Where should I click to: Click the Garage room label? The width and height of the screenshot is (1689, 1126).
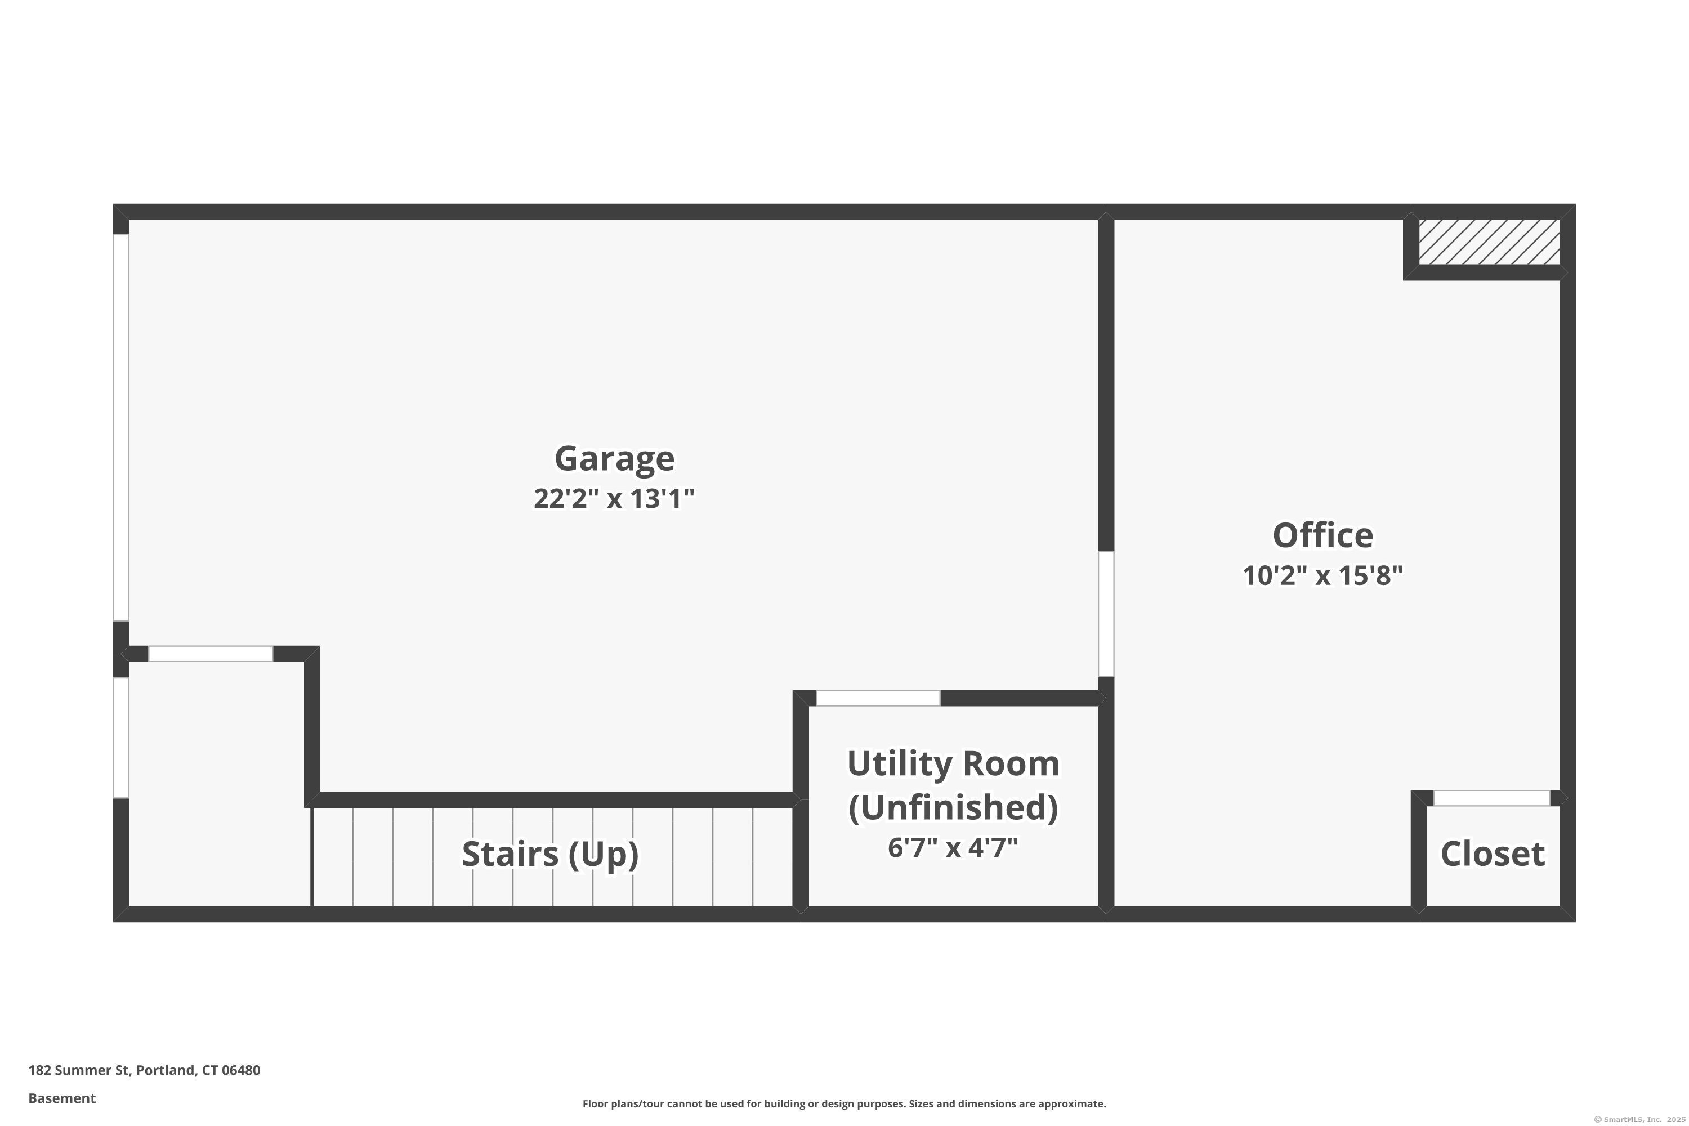[614, 458]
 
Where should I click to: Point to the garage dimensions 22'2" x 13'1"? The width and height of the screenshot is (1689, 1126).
[614, 498]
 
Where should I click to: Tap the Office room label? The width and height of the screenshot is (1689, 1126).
[1322, 535]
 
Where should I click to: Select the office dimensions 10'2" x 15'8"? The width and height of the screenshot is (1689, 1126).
[1322, 575]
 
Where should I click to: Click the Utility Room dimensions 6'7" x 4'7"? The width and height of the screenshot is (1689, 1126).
[953, 847]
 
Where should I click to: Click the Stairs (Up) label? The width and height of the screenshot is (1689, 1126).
[550, 854]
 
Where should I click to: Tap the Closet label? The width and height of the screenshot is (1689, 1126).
[1493, 854]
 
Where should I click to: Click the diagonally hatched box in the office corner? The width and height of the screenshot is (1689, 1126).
[1489, 242]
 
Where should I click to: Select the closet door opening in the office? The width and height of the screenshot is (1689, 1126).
[1491, 798]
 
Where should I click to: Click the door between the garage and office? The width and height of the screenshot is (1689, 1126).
[1106, 614]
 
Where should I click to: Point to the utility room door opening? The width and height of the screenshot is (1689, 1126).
[878, 698]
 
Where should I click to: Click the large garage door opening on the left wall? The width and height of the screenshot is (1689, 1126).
[120, 427]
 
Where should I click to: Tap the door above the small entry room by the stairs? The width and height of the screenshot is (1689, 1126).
[211, 654]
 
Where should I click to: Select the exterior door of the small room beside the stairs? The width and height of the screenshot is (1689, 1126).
[120, 738]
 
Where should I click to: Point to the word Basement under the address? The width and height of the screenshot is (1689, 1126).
[62, 1098]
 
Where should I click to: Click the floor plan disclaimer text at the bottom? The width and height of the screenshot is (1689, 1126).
[844, 1103]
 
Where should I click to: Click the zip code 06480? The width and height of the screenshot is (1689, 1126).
[242, 1070]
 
